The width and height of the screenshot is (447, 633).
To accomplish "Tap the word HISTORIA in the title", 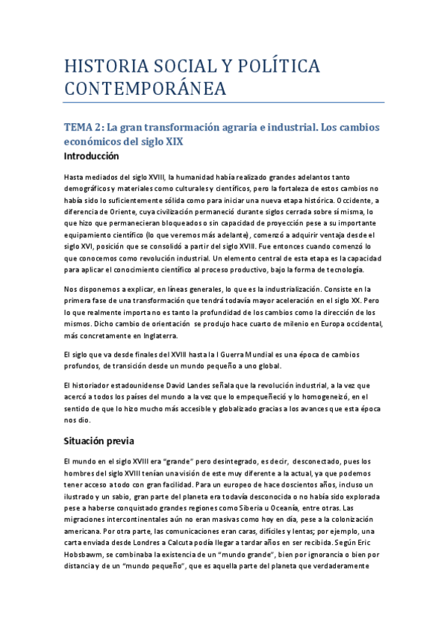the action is click(104, 67).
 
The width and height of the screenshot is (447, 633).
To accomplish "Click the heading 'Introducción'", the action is click(91, 157).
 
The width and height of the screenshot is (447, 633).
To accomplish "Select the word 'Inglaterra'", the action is click(176, 337).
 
